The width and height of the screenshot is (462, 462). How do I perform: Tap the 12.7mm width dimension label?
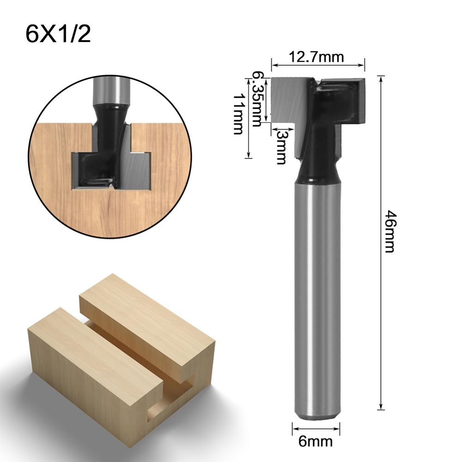coord(316,57)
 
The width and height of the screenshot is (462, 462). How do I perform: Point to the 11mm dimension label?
coord(238,113)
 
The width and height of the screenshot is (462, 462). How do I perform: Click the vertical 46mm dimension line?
coord(381,323)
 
